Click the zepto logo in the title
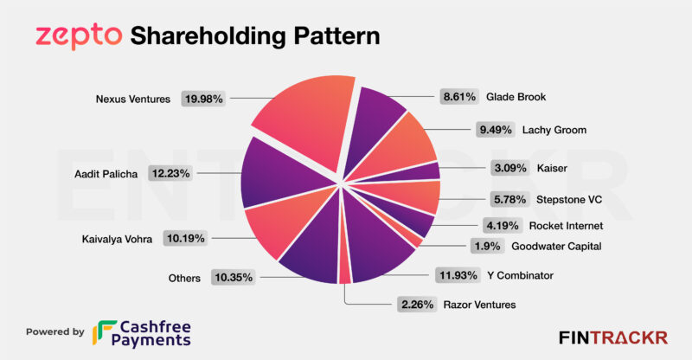click(77, 35)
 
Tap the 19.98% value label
click(203, 99)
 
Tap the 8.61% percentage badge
click(458, 97)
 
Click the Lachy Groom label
click(554, 130)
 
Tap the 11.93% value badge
click(459, 276)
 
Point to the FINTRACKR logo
click(612, 337)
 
